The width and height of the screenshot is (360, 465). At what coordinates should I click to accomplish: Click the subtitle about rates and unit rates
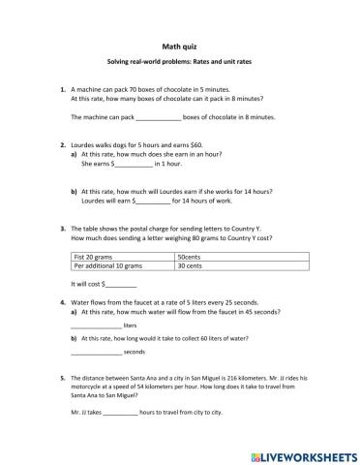pos(179,63)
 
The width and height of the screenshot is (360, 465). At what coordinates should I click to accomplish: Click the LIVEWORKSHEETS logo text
pos(309,453)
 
